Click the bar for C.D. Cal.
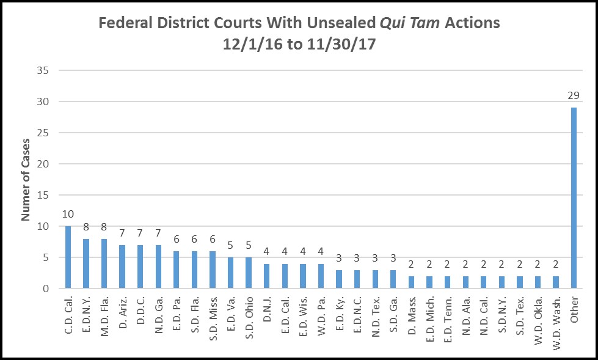click(68, 257)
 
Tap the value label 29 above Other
click(573, 95)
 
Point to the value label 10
click(68, 214)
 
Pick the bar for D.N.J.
click(267, 276)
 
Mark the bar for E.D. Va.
click(231, 273)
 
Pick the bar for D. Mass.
click(411, 282)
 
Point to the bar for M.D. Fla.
click(104, 263)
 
